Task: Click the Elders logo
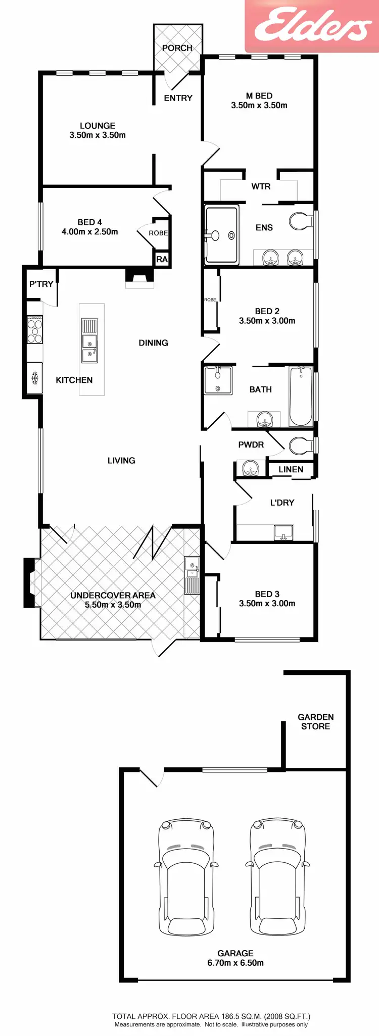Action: pos(312,25)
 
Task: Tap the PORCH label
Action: pos(177,48)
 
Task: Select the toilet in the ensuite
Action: pos(301,221)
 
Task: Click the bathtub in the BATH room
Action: pos(301,396)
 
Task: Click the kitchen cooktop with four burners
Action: pos(35,329)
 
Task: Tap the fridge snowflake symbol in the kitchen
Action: pos(35,377)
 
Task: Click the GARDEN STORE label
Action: pos(315,721)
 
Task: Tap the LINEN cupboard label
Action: pos(291,469)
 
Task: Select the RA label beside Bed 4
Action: pos(162,259)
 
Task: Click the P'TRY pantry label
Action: pos(41,284)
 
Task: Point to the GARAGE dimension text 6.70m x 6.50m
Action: pos(235,963)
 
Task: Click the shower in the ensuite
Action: pos(221,235)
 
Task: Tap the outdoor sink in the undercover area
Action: pos(192,576)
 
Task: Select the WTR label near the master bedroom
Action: pos(261,186)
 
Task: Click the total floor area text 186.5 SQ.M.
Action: pos(211,1016)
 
